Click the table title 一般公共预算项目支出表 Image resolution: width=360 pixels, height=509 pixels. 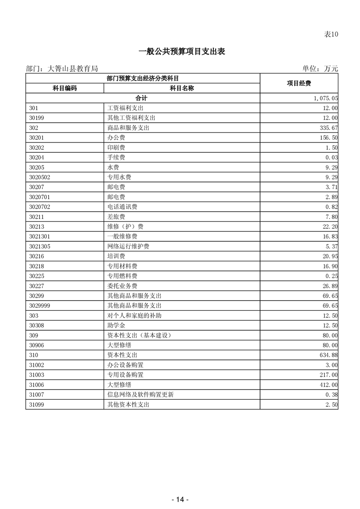point(182,52)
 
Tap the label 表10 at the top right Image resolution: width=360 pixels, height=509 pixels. point(331,34)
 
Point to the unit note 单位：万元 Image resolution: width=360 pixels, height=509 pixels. point(320,69)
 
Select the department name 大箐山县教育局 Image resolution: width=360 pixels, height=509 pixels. point(73,69)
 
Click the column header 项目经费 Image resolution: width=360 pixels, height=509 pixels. point(299,83)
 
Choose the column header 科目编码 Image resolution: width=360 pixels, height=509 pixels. point(65,88)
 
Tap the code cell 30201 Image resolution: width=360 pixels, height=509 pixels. point(36,137)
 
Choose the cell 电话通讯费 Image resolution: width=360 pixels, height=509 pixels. point(122,207)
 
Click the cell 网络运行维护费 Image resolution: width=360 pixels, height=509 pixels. point(128,246)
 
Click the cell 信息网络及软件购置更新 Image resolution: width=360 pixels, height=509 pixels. point(140,395)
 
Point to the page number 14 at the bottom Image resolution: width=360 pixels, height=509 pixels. point(180,499)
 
